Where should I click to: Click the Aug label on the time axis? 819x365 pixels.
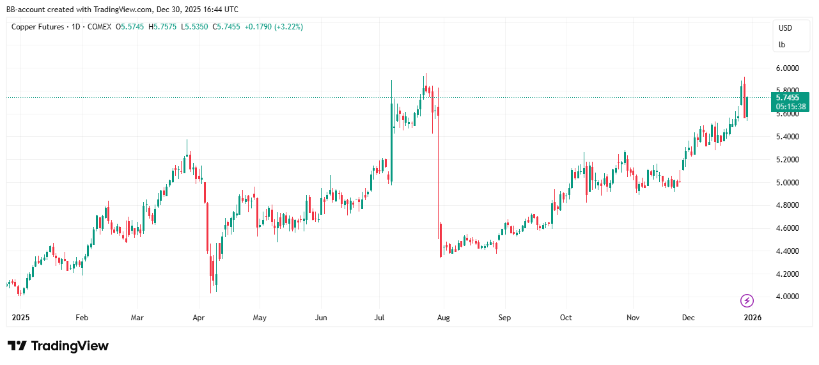(x=443, y=317)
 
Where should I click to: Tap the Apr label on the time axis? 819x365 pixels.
(x=198, y=317)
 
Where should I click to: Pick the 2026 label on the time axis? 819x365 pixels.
(x=753, y=317)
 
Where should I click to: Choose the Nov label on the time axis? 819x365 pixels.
(x=633, y=317)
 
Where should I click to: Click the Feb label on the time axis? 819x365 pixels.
(x=81, y=317)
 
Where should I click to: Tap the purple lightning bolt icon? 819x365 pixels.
(x=747, y=300)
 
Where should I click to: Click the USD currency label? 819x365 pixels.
(x=785, y=27)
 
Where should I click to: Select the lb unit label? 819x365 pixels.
(x=782, y=45)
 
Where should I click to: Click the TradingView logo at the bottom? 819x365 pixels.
(x=58, y=346)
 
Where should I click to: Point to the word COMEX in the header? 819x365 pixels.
(x=99, y=27)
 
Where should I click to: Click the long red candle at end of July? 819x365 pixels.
(x=438, y=173)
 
